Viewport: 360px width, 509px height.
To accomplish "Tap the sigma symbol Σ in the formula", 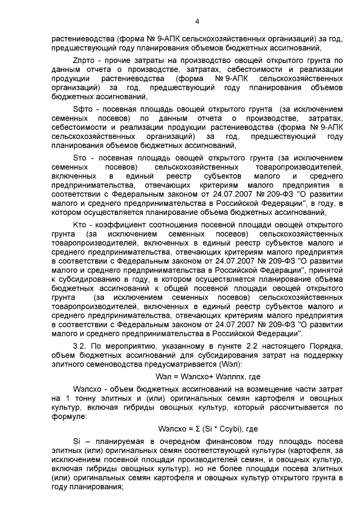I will [x=193, y=429].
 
